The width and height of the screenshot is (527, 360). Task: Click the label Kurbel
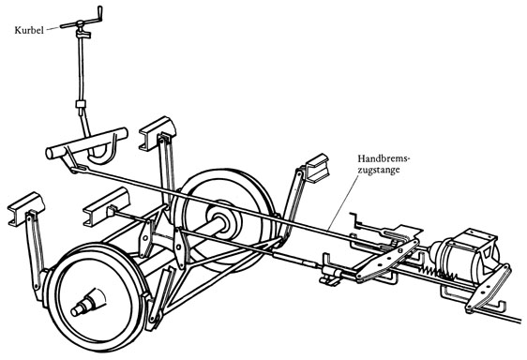[x=29, y=30]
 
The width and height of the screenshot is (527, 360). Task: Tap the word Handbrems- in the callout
[x=384, y=158]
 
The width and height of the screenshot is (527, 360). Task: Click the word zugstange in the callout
[x=379, y=170]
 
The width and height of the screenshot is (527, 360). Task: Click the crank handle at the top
[x=82, y=22]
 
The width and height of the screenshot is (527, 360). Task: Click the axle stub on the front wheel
[x=86, y=302]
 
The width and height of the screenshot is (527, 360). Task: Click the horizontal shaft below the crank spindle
[x=86, y=143]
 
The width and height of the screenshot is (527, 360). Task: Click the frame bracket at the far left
[x=25, y=208]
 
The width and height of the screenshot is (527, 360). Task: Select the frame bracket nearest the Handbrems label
[x=316, y=168]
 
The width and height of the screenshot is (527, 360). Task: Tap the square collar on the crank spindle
[x=81, y=104]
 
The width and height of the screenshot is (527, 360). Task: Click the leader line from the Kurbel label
[x=53, y=28]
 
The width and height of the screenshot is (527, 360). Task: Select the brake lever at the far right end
[x=489, y=288]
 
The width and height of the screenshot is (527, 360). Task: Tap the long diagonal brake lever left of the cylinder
[x=386, y=261]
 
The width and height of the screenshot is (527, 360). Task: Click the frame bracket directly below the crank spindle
[x=107, y=206]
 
